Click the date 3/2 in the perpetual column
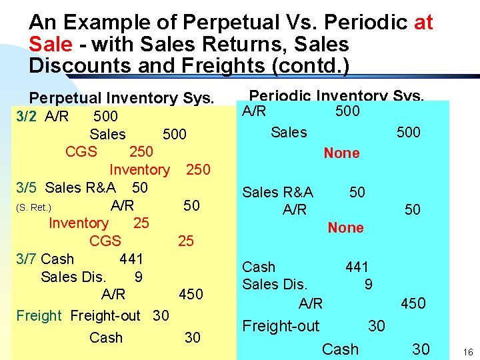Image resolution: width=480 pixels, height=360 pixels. [27, 117]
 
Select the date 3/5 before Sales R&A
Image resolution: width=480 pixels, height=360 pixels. [27, 187]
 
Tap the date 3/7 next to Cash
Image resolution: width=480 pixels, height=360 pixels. [27, 258]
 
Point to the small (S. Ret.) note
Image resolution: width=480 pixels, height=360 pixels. [33, 207]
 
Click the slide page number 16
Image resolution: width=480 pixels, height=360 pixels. [467, 351]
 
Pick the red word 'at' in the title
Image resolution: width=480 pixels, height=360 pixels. [423, 23]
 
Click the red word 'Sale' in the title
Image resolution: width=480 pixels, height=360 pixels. [49, 45]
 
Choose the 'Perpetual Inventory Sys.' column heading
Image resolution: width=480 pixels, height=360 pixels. [121, 99]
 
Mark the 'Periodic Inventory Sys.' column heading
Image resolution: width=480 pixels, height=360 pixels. [335, 96]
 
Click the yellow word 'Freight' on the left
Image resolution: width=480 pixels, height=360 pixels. [39, 315]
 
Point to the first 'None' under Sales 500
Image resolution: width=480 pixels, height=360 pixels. [341, 153]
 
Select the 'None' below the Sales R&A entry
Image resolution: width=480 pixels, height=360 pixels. [345, 227]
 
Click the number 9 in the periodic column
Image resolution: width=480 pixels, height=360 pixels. [368, 285]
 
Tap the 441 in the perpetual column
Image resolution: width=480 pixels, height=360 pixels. [131, 258]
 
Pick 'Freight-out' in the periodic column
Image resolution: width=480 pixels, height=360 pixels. [281, 326]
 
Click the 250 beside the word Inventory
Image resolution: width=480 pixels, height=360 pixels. [198, 170]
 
